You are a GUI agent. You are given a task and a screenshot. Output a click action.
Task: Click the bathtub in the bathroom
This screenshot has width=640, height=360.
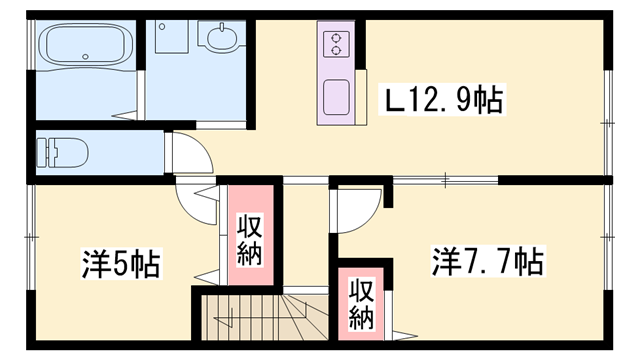pos(86,44)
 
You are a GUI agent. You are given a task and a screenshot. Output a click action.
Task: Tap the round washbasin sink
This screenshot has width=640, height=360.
pos(221,38)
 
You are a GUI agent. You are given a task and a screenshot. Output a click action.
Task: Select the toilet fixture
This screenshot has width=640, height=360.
pos(62,153)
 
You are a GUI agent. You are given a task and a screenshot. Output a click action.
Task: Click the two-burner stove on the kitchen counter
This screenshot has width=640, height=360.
pos(336,44)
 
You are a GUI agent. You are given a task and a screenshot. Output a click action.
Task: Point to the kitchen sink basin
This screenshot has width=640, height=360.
pos(336,97)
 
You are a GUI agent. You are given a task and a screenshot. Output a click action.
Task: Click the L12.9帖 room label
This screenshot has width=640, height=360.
pos(444,99)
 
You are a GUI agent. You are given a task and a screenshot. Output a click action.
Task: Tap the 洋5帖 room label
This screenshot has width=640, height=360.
pos(121,263)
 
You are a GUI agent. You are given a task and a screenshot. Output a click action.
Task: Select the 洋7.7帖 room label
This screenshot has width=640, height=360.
pos(488,260)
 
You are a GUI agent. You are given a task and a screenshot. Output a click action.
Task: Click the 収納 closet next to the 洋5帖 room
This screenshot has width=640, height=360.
pos(250,235)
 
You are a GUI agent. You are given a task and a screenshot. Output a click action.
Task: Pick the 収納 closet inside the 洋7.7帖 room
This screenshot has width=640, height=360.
pos(361,304)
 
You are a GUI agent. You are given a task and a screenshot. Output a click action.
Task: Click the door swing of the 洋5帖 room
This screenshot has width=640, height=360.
pos(196,204)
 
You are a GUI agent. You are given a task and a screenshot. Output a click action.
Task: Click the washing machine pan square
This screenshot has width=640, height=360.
pos(172,37)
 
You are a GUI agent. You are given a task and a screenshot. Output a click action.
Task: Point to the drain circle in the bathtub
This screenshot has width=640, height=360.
pos(85,56)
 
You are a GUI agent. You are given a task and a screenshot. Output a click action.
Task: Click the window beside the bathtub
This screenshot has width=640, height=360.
pos(31,44)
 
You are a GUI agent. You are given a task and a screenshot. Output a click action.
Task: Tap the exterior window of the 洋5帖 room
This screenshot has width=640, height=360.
pos(31,237)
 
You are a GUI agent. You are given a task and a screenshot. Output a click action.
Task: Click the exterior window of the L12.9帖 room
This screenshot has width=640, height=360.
pos(608,123)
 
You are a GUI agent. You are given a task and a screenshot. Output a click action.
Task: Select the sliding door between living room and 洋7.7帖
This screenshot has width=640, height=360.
pos(445,180)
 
